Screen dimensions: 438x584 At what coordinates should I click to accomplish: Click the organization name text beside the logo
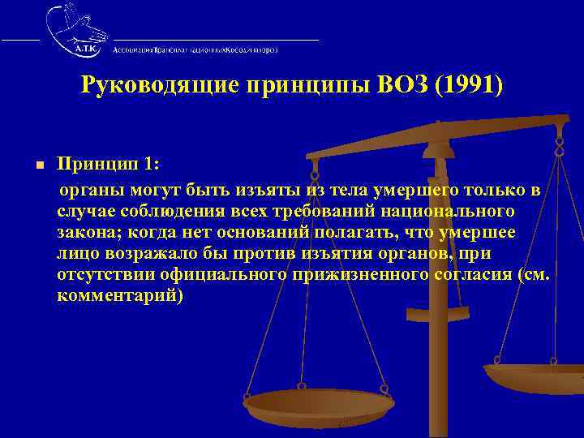195,49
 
